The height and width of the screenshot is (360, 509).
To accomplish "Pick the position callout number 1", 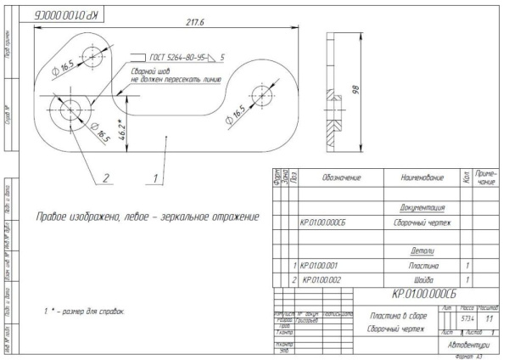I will (x=153, y=178).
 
